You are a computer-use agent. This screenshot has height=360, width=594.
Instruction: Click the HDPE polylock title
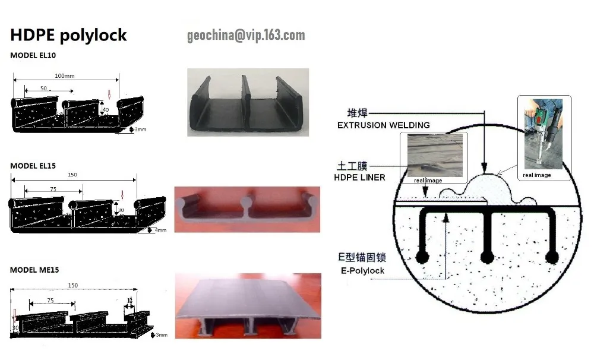68,35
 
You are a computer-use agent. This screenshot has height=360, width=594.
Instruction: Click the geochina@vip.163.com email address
246,36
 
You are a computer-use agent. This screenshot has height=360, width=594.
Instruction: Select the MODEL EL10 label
33,55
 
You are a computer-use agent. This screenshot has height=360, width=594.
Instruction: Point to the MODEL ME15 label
33,270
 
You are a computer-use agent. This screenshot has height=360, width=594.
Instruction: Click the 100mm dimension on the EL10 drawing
64,76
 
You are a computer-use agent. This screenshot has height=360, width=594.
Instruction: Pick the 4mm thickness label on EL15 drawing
160,230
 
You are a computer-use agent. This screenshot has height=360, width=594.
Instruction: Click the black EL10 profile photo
248,102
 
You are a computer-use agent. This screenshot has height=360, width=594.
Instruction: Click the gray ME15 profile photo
248,305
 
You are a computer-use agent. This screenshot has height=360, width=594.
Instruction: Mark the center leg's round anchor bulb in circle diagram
487,257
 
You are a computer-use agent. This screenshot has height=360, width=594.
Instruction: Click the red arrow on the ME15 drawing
14,317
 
